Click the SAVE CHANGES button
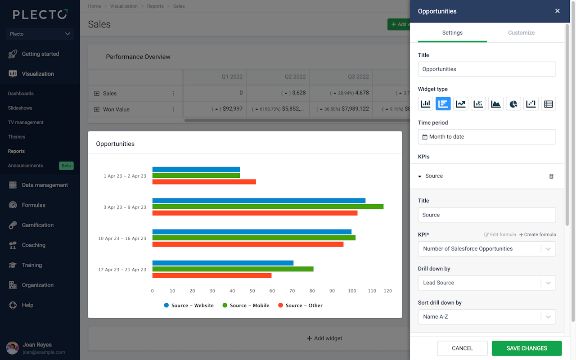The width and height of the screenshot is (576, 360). click(x=526, y=348)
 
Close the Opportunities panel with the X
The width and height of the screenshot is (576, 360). click(x=557, y=11)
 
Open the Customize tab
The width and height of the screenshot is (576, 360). click(x=521, y=33)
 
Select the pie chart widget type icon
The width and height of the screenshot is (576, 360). click(x=513, y=104)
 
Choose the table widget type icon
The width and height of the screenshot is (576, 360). click(x=548, y=104)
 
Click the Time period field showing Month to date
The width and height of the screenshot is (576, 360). click(x=486, y=137)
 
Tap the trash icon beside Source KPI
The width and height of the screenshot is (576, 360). click(x=551, y=176)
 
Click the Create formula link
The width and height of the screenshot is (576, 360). click(x=537, y=235)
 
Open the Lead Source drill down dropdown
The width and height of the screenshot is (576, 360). click(x=486, y=283)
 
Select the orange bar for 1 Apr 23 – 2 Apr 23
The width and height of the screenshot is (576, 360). click(x=204, y=182)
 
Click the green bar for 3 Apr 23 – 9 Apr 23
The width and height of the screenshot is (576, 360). click(x=268, y=207)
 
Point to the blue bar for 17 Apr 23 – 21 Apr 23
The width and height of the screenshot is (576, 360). click(x=223, y=263)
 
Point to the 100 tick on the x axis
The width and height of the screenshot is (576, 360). click(x=351, y=291)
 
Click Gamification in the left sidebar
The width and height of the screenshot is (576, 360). click(x=37, y=225)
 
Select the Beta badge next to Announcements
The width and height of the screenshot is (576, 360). click(x=66, y=166)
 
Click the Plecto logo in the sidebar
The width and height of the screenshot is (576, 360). click(x=40, y=14)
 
